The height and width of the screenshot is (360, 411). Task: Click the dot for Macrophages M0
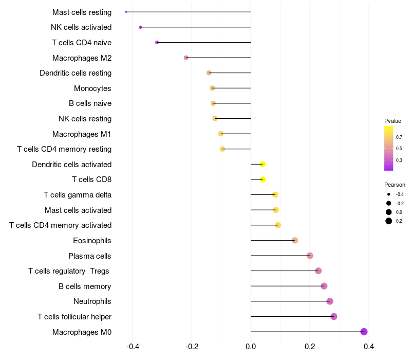(x=364, y=332)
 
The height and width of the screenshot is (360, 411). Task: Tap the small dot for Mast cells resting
(x=126, y=12)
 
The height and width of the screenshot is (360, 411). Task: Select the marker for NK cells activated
(x=140, y=27)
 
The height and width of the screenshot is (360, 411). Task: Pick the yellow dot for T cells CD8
(x=263, y=179)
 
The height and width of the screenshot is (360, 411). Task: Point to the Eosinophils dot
(x=295, y=240)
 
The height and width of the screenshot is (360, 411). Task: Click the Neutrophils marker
(x=330, y=301)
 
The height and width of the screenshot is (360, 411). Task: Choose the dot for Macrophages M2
(x=186, y=58)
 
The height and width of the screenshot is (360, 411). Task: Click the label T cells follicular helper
(x=74, y=317)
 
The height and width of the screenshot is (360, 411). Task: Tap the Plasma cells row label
(x=90, y=256)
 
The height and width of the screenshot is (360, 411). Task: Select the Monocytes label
(x=92, y=88)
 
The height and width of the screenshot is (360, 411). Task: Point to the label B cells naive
(x=90, y=103)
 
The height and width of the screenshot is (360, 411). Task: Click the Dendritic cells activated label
(x=71, y=165)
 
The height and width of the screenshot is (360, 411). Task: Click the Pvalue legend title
(x=393, y=121)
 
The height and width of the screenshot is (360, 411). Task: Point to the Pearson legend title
(x=395, y=185)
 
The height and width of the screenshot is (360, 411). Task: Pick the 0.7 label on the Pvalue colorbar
(x=399, y=137)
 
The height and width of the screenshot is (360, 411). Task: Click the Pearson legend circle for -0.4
(x=389, y=194)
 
